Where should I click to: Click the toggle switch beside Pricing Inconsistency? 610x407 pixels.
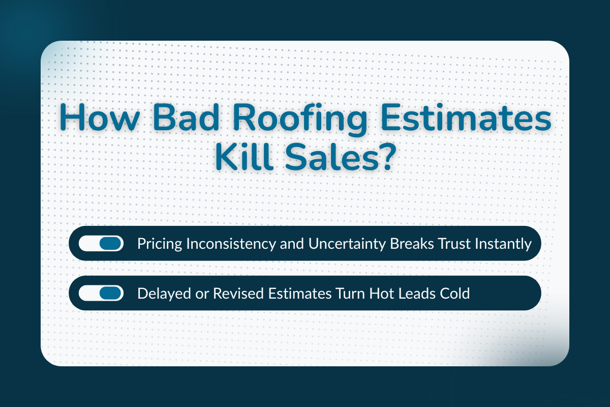point(101,244)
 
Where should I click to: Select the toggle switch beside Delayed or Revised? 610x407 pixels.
point(101,293)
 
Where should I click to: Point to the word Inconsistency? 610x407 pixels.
point(225,244)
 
